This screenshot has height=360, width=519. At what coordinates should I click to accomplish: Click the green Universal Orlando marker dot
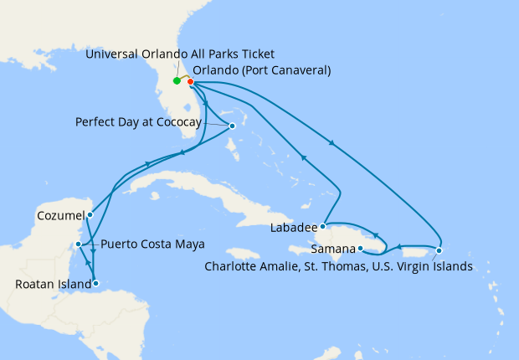(x=177, y=81)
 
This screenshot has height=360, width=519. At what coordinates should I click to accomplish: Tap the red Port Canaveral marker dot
(x=191, y=82)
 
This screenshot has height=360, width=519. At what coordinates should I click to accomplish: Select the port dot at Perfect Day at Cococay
(x=232, y=126)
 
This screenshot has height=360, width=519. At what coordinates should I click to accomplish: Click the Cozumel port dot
(x=90, y=214)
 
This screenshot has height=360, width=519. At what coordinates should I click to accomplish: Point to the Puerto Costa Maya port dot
(x=78, y=244)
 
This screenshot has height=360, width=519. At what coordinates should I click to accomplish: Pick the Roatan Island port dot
(x=97, y=284)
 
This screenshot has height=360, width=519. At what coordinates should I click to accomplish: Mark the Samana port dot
(x=360, y=249)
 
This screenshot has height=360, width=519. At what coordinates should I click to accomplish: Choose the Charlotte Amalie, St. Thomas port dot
(x=439, y=250)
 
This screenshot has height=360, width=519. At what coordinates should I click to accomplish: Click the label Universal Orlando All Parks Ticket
(x=180, y=54)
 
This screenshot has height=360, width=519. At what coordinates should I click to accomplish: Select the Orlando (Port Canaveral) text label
(x=262, y=70)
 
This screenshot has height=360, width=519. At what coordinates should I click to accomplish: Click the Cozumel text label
(x=60, y=215)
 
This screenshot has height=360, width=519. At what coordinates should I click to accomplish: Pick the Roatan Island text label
(x=52, y=285)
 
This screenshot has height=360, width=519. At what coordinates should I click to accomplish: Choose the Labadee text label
(x=293, y=228)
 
